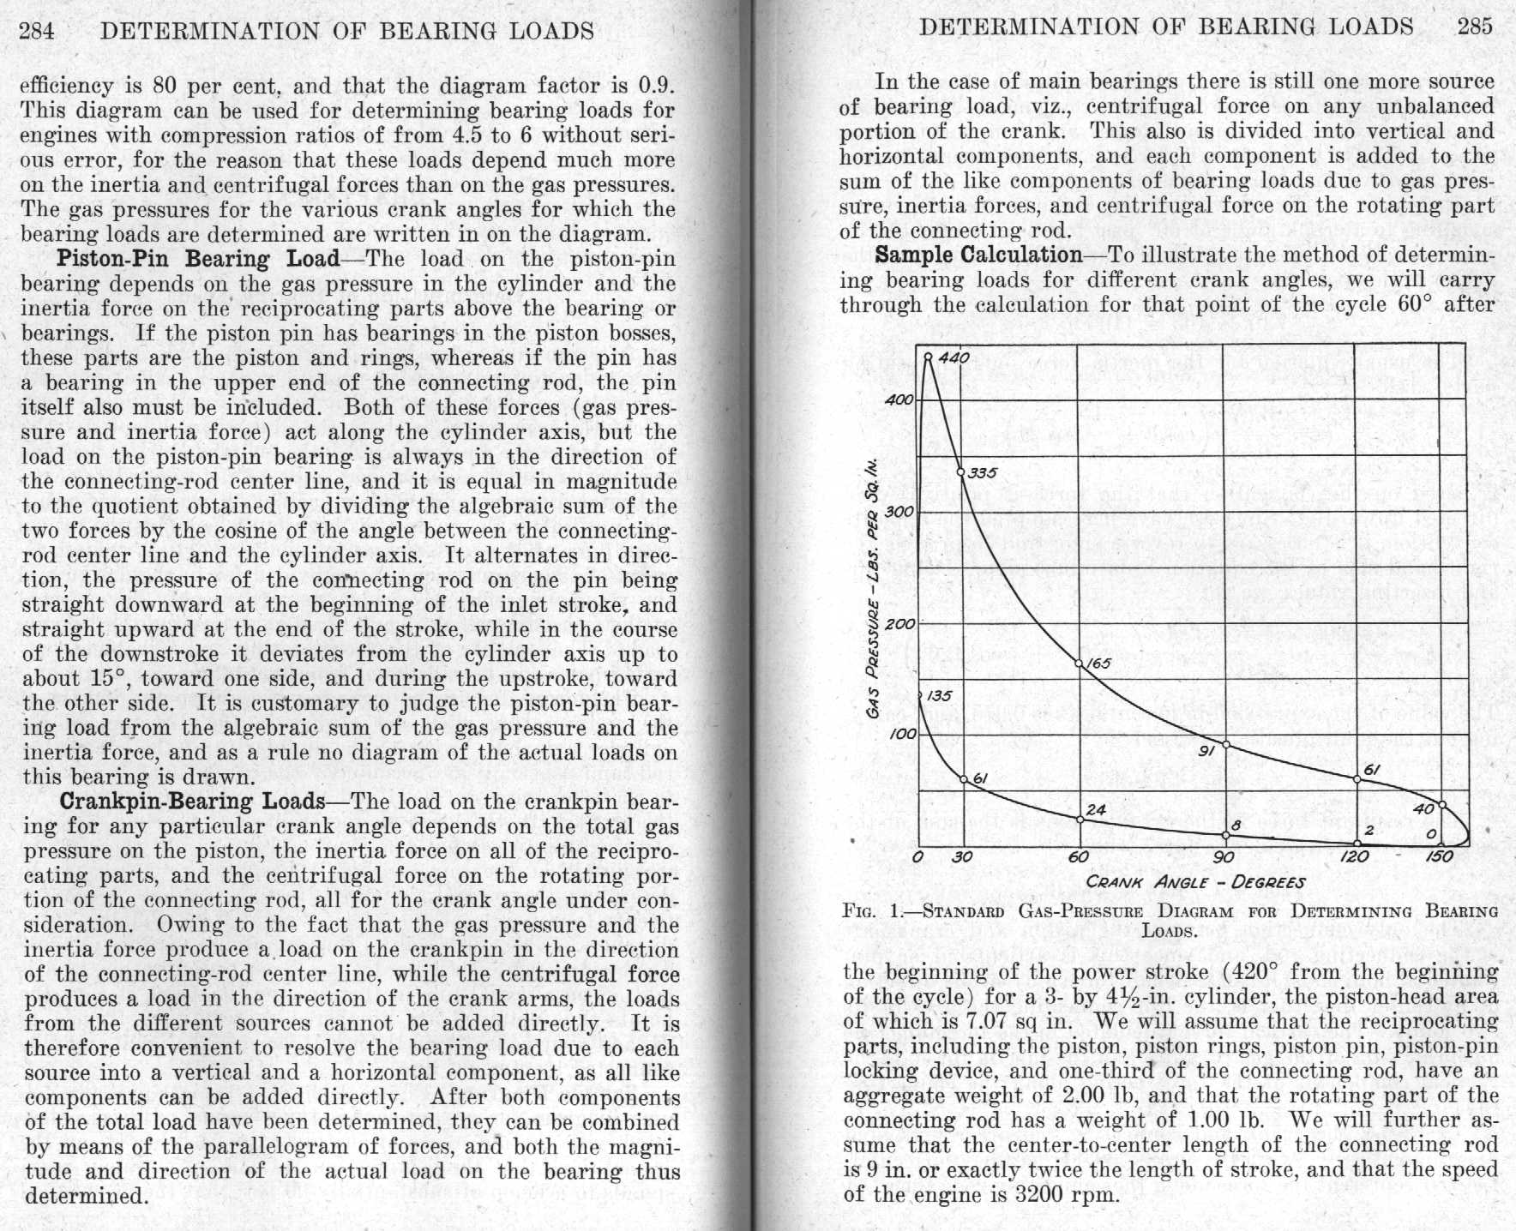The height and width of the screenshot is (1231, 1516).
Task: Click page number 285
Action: point(1475,27)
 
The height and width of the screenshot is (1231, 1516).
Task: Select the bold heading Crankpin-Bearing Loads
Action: point(192,802)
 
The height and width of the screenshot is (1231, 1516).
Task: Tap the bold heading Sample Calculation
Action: point(978,255)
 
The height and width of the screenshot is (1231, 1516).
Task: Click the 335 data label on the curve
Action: point(982,472)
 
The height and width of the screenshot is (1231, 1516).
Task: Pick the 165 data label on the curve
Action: point(1098,664)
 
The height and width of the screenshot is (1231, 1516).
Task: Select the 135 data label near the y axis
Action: point(938,696)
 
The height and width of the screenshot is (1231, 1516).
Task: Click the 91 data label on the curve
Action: point(1207,752)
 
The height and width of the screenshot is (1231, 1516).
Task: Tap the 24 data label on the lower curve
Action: point(1095,809)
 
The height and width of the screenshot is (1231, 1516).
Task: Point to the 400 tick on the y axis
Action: point(902,399)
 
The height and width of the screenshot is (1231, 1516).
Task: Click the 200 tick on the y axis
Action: point(900,624)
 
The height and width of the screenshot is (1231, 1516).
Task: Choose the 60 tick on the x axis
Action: point(1079,858)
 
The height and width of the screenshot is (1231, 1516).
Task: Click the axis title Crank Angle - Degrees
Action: point(1195,882)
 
